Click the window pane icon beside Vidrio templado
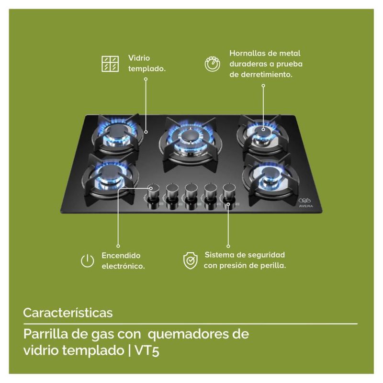pyautogui.click(x=110, y=64)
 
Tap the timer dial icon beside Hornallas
pyautogui.click(x=212, y=64)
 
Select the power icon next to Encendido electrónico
pyautogui.click(x=88, y=260)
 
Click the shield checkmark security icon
pyautogui.click(x=190, y=260)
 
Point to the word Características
pyautogui.click(x=68, y=313)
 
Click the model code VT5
pyautogui.click(x=147, y=350)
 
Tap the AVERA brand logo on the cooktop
pyautogui.click(x=305, y=203)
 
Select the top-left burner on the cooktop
pyautogui.click(x=117, y=134)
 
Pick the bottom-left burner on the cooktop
pyautogui.click(x=111, y=177)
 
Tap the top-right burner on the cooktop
pyautogui.click(x=263, y=135)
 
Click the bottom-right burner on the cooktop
pyautogui.click(x=270, y=178)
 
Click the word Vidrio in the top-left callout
pyautogui.click(x=139, y=58)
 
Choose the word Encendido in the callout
pyautogui.click(x=121, y=256)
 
